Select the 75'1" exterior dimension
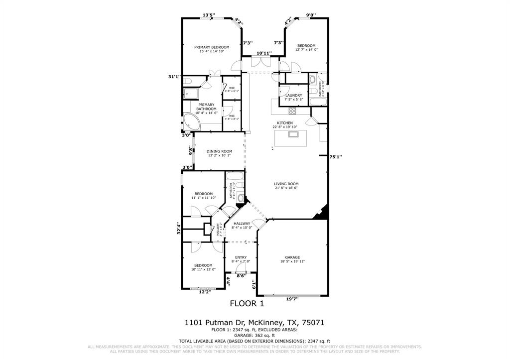point(336,156)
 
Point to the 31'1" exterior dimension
point(175,77)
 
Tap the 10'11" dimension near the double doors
point(263,53)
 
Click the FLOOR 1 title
point(247,303)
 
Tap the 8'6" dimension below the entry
point(242,275)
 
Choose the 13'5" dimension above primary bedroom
point(209,15)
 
